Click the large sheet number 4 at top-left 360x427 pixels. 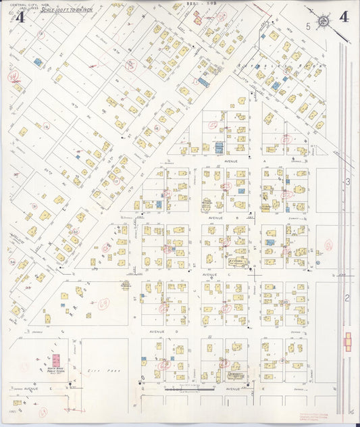(19, 18)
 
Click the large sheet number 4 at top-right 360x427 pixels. (344, 17)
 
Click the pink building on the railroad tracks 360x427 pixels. (347, 341)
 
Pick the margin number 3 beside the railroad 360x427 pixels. (347, 182)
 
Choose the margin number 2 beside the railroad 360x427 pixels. (347, 297)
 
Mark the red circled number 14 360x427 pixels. (13, 77)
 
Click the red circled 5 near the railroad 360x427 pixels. (328, 245)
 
